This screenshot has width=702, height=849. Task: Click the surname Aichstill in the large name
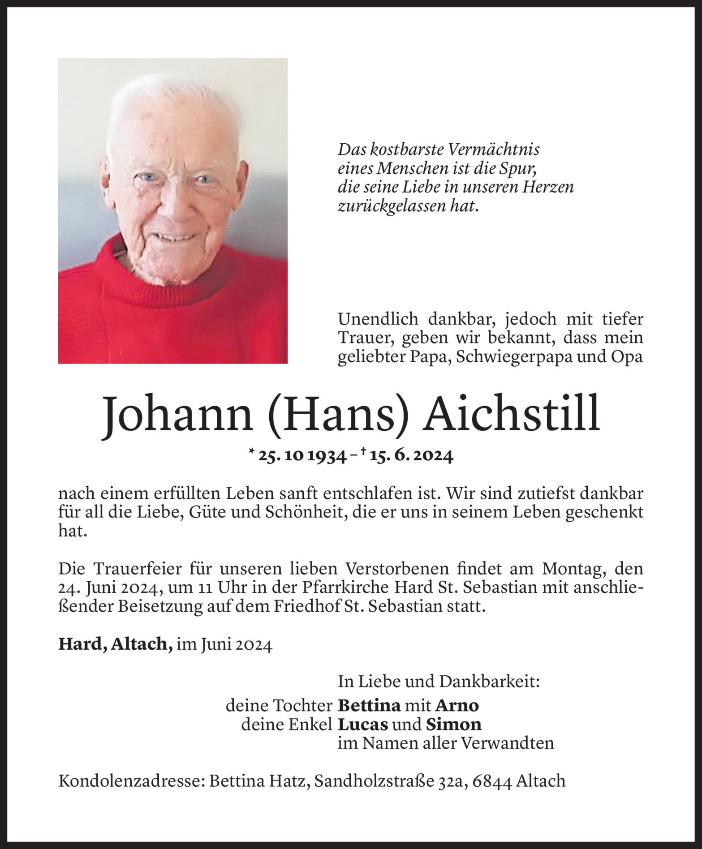coord(512,415)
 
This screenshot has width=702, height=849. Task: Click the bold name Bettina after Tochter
coord(369,705)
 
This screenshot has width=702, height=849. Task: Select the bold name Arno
coord(457,705)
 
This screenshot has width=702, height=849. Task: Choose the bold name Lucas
coord(362,724)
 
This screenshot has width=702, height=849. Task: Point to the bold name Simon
coord(453,724)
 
